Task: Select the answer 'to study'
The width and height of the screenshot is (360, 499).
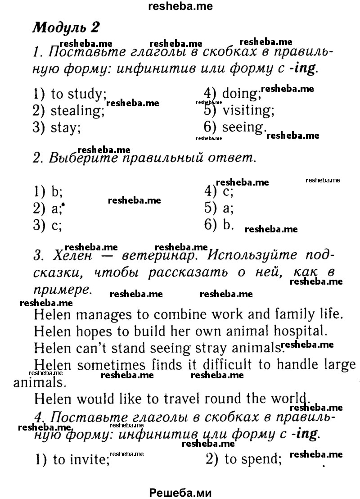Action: click(x=79, y=95)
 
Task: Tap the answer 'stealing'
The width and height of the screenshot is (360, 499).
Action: click(x=77, y=111)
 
